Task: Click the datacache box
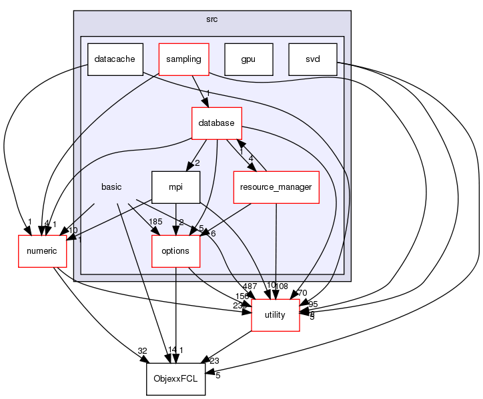point(114,59)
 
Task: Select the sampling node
point(183,59)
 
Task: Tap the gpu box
point(249,59)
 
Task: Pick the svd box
point(312,59)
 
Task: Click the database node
point(216,123)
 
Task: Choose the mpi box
point(175,187)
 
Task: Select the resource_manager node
point(276,187)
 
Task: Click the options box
point(175,250)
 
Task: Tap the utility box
point(276,314)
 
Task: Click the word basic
point(111,187)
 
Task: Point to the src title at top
point(211,18)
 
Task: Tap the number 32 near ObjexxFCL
point(142,350)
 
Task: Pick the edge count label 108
point(281,286)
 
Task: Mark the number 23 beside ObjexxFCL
point(213,360)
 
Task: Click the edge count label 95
point(314,304)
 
